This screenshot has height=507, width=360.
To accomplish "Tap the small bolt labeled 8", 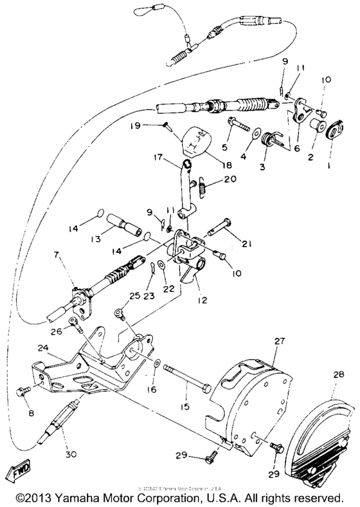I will click(23, 391).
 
